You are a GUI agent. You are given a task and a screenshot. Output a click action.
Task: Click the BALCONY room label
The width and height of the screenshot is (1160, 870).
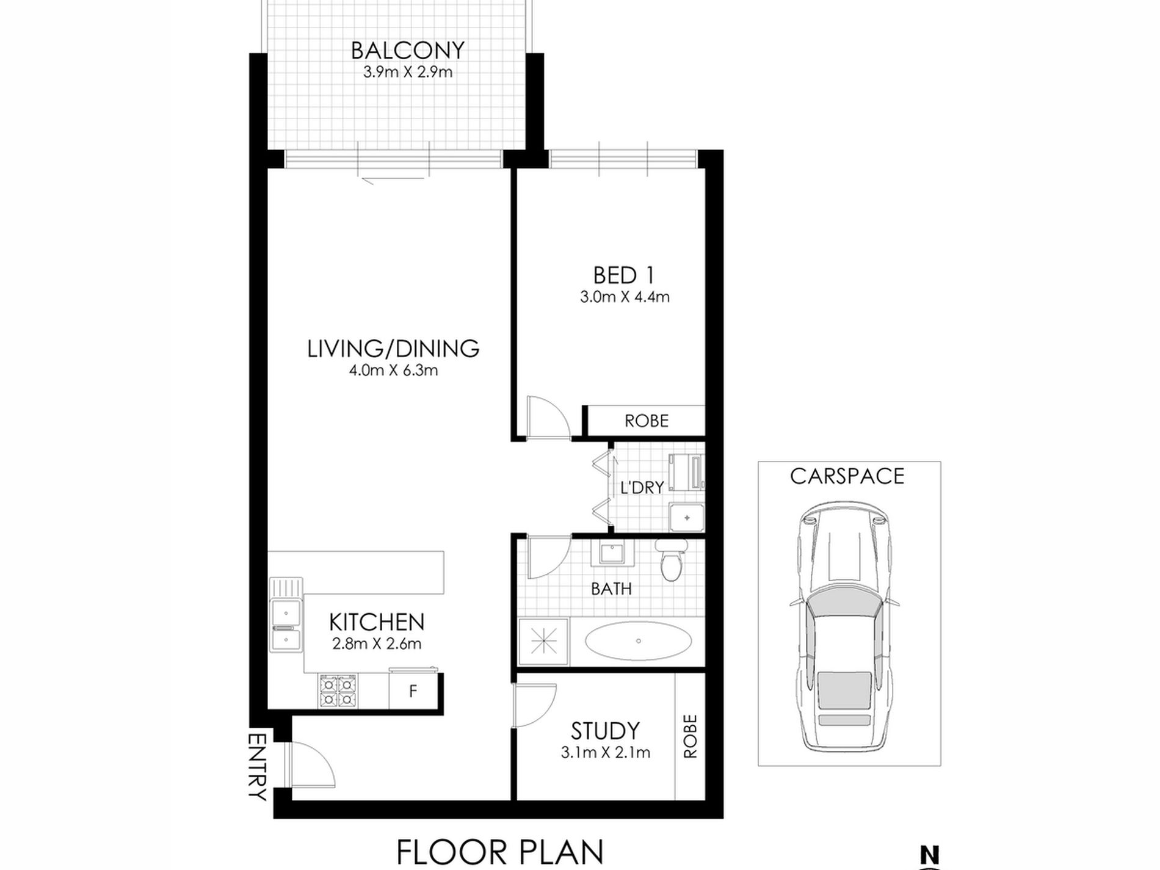408,50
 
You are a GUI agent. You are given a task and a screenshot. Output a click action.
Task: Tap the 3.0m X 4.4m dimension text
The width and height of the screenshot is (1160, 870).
625,297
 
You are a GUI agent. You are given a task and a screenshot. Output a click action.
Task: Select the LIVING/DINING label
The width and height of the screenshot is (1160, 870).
393,349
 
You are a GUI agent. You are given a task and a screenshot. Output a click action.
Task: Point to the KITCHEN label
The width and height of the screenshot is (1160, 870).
377,622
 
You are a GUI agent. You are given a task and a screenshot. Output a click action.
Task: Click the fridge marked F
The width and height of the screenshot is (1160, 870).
413,692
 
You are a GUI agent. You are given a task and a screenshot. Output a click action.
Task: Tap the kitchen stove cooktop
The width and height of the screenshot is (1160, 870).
337,691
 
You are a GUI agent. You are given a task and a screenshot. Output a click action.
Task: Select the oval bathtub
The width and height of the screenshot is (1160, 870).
639,641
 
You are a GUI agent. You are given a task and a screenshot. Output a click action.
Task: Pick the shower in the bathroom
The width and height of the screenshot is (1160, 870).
543,642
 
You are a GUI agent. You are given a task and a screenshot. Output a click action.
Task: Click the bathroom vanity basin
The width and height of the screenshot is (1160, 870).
610,554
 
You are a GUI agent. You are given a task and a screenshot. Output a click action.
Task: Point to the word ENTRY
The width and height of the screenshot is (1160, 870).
258,766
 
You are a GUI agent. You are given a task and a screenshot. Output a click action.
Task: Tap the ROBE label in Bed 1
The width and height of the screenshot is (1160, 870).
647,421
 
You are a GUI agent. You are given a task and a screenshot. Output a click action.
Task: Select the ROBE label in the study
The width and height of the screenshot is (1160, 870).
690,736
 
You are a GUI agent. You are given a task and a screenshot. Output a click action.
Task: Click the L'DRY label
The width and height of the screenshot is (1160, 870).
642,488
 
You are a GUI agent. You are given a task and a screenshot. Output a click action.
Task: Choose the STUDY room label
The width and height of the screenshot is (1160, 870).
605,731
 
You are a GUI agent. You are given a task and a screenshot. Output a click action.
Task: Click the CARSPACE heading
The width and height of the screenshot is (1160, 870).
847,476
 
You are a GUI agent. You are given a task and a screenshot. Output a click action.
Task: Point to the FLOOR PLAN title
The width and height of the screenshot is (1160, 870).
500,852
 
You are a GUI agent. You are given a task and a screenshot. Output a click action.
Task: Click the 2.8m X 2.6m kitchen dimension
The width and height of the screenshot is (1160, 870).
377,643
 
